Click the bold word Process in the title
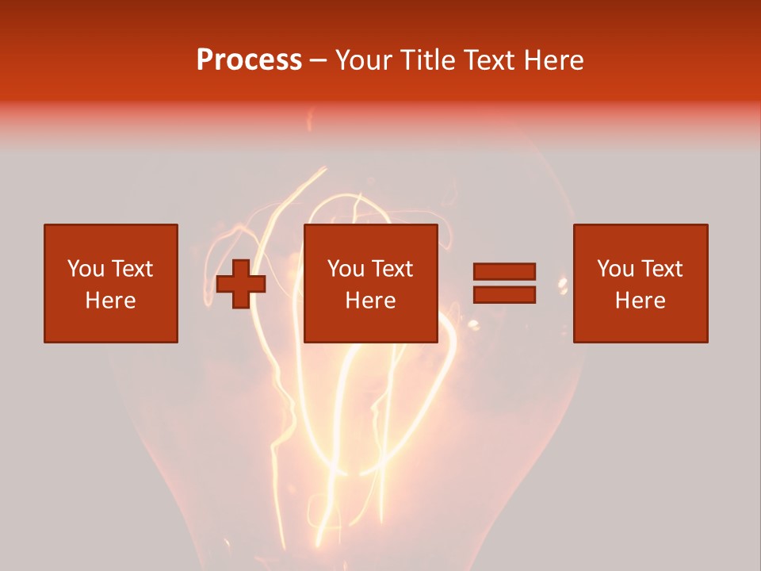249,60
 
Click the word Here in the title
556,60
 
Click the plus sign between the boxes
241,284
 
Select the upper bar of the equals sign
504,271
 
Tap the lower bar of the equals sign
504,295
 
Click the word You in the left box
86,269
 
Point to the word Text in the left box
132,269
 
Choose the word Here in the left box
110,301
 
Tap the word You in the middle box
346,269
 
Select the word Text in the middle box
392,269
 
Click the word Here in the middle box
370,301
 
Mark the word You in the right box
615,269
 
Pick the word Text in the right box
661,269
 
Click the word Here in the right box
640,301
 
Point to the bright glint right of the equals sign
564,283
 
